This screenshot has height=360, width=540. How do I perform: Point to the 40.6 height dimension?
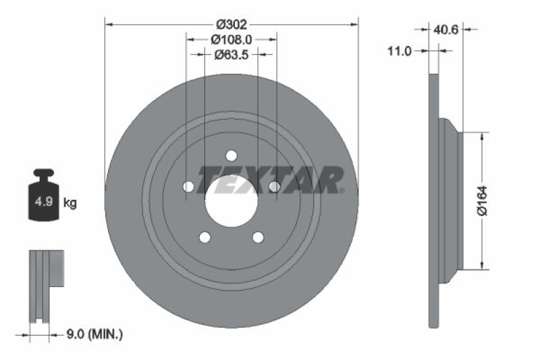click(446, 29)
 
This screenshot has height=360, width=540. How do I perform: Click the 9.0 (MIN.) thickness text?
click(94, 334)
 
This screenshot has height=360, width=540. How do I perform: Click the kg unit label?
click(70, 202)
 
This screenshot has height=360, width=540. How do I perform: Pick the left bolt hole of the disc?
click(189, 186)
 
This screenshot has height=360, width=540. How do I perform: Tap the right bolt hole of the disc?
click(274, 186)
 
